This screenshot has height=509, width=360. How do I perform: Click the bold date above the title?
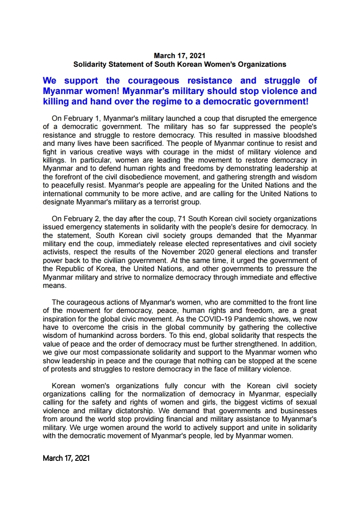[x=180, y=56]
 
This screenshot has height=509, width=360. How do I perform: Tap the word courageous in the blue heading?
[x=153, y=81]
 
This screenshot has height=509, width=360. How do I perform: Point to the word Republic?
[x=71, y=268]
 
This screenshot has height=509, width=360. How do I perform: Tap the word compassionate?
[x=133, y=352]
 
